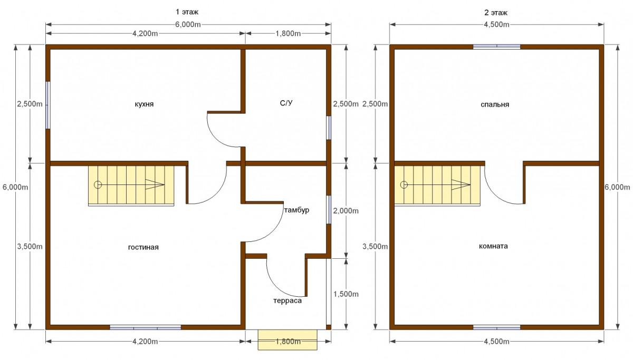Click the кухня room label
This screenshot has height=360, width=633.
(x=144, y=104)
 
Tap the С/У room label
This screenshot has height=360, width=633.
(x=286, y=103)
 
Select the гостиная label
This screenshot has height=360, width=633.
(x=143, y=247)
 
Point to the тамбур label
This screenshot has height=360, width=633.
(x=296, y=210)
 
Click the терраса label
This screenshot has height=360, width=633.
(x=287, y=301)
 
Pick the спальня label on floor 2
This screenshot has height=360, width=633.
(x=495, y=105)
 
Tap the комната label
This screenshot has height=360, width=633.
(x=493, y=246)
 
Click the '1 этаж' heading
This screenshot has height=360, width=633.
(x=187, y=12)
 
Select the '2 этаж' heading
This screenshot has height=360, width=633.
(x=496, y=13)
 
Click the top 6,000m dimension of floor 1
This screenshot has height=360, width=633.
(x=188, y=25)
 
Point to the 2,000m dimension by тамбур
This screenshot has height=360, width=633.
(x=346, y=211)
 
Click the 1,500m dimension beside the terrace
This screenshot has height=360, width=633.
(x=346, y=294)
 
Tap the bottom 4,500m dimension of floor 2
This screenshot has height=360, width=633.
(x=496, y=342)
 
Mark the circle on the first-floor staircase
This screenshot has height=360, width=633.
(x=98, y=185)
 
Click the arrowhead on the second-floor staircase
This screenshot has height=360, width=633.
(x=461, y=185)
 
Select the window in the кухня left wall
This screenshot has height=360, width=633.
(x=48, y=105)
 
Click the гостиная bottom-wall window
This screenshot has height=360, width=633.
(x=145, y=327)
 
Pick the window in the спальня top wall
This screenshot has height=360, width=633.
(x=497, y=46)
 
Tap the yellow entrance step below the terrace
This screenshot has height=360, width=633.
(x=287, y=339)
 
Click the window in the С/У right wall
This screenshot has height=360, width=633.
(x=329, y=128)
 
